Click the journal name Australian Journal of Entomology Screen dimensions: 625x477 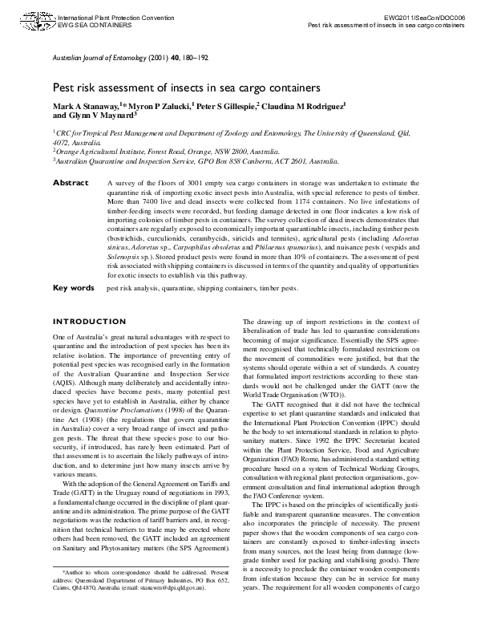[99, 59]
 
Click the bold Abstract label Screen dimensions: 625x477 [70, 184]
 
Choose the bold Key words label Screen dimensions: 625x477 [73, 287]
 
